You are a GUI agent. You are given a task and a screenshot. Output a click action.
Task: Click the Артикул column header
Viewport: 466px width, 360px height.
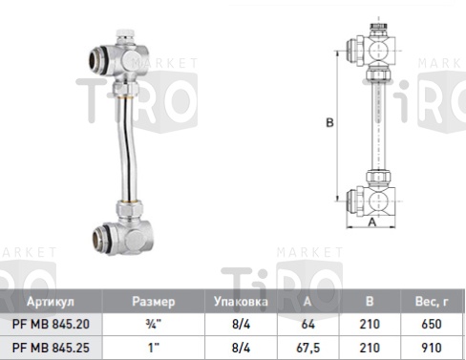pyautogui.click(x=51, y=302)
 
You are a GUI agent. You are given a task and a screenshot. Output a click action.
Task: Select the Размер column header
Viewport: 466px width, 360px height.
pyautogui.click(x=154, y=302)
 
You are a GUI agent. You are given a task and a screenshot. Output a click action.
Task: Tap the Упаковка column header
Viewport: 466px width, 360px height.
pyautogui.click(x=241, y=302)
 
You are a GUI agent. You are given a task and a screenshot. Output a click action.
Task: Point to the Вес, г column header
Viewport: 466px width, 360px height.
pyautogui.click(x=432, y=302)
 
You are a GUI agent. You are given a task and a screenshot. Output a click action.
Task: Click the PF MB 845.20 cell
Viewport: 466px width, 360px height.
pyautogui.click(x=51, y=324)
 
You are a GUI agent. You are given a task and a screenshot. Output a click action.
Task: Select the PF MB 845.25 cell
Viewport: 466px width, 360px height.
pyautogui.click(x=51, y=348)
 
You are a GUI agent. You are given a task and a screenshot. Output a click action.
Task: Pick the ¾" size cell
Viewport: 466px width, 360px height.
pyautogui.click(x=154, y=324)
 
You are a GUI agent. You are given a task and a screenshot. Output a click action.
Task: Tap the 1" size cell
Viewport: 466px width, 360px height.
pyautogui.click(x=154, y=348)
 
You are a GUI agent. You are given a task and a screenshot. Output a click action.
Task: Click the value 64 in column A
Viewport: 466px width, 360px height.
pyautogui.click(x=307, y=324)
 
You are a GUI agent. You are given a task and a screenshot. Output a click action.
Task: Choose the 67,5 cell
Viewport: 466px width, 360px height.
pyautogui.click(x=307, y=348)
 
